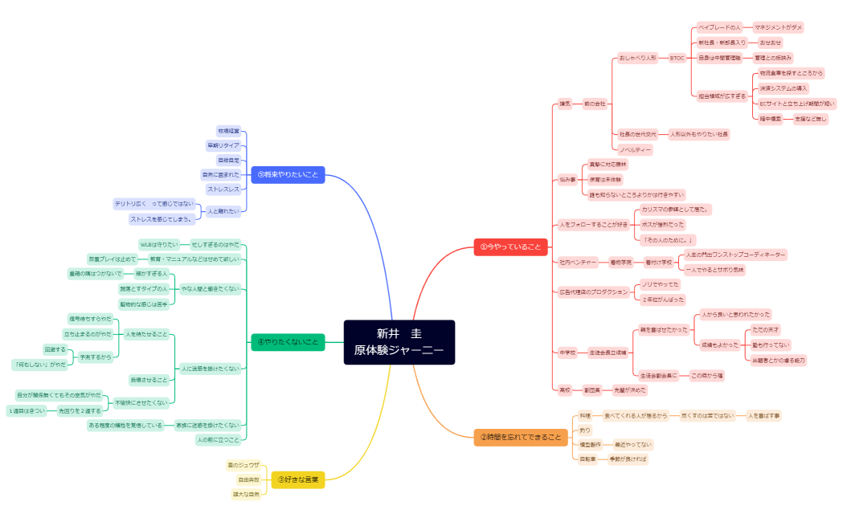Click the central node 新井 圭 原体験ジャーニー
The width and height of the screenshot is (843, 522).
[x=399, y=342]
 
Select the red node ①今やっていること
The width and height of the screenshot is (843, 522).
[x=510, y=246]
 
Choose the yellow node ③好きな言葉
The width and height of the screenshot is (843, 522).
[x=297, y=479]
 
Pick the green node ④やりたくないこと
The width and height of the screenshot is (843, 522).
[x=288, y=342]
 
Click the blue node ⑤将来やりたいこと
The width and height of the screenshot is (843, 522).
[x=288, y=174]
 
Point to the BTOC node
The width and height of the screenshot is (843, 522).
[x=677, y=58]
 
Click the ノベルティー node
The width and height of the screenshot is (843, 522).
[x=634, y=149]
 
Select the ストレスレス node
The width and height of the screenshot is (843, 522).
[x=222, y=190]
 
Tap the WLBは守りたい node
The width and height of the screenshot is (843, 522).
[x=158, y=244]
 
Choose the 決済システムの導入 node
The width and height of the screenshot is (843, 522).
[x=784, y=88]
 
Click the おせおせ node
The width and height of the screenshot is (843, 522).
[x=770, y=43]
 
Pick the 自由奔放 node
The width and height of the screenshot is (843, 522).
[x=248, y=479]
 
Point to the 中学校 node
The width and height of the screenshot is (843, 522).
[x=567, y=353]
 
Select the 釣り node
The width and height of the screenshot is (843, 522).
[x=584, y=430]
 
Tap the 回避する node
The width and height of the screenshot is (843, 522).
[x=56, y=349]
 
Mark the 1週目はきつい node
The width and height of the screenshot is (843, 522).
[x=27, y=410]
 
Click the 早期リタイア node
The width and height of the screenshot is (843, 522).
[x=223, y=145]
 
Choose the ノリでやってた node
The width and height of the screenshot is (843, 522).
[x=662, y=284]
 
